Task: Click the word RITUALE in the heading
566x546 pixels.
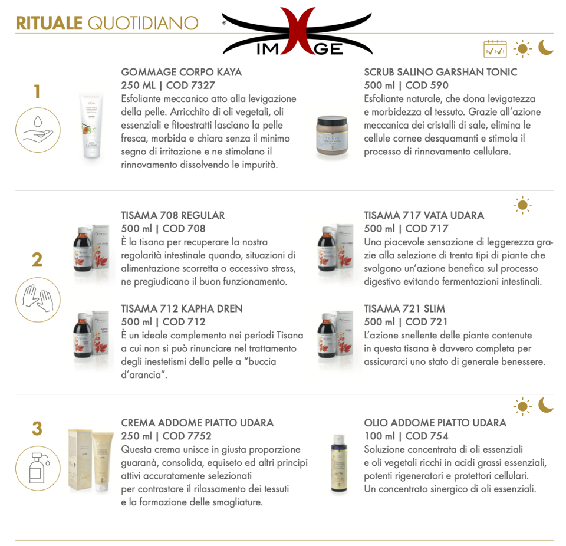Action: [50, 23]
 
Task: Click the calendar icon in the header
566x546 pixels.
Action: [495, 49]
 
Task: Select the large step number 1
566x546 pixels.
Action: [37, 91]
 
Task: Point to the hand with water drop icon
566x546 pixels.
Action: [38, 130]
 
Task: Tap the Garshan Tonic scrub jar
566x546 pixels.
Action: [333, 137]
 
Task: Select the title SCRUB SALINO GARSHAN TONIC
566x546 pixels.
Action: [440, 72]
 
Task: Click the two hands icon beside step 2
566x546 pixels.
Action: [38, 300]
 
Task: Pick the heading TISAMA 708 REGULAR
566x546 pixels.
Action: [173, 216]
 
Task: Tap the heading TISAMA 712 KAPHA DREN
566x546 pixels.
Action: [182, 309]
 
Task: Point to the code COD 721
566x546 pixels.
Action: [427, 322]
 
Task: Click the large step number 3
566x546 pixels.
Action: [37, 429]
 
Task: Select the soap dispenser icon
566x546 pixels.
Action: [38, 468]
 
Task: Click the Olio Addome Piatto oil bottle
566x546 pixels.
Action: [339, 464]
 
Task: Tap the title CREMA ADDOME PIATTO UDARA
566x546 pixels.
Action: [198, 423]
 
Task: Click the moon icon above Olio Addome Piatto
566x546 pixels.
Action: [545, 405]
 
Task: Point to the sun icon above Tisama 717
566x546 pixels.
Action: [522, 205]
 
